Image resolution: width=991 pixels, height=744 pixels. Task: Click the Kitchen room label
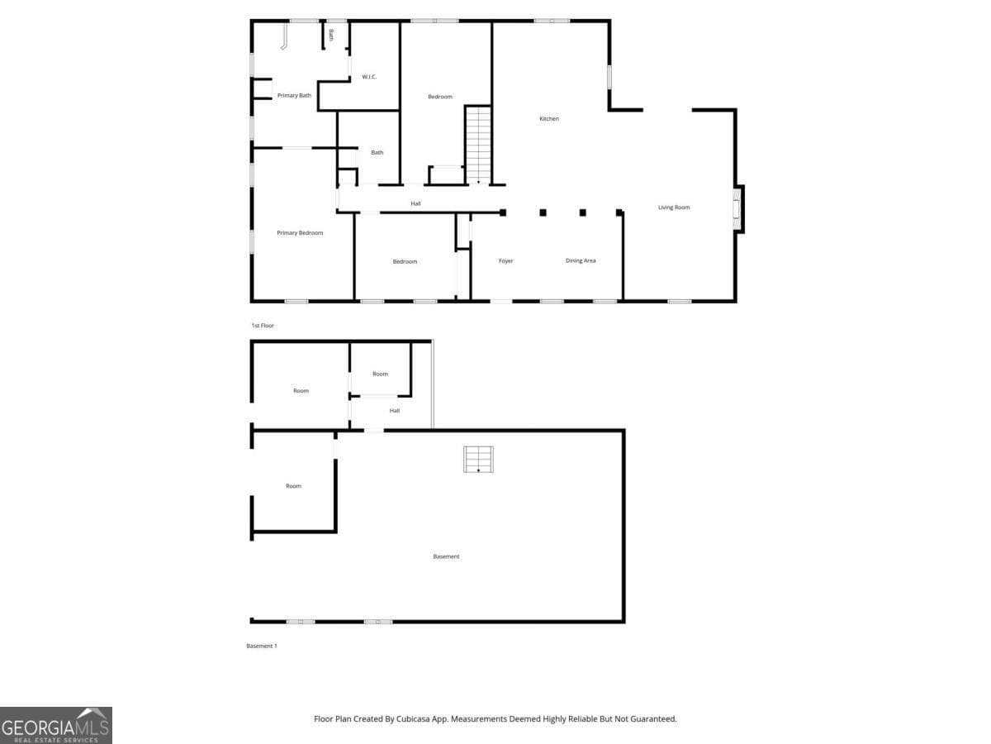(x=549, y=119)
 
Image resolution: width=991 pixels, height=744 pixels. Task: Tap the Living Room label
(x=674, y=207)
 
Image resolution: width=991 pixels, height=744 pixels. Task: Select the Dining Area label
(x=581, y=260)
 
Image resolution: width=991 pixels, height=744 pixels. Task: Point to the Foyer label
(x=505, y=261)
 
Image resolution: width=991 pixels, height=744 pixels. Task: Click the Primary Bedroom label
(x=300, y=233)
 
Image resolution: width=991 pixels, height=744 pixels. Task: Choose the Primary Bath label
(x=294, y=95)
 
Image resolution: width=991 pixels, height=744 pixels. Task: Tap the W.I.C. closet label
(x=369, y=77)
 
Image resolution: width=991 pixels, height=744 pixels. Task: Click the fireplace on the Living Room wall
(x=737, y=208)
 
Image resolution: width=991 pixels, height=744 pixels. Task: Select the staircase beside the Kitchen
(x=478, y=145)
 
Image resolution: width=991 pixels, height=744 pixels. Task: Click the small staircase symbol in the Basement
(x=478, y=460)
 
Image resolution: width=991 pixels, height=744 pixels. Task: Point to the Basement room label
(x=446, y=556)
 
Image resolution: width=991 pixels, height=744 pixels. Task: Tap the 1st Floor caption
(x=263, y=326)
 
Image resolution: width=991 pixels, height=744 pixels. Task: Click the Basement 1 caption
(x=262, y=646)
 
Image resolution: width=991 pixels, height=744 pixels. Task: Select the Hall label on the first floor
(x=416, y=203)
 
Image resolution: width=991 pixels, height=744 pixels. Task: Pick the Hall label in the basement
(x=395, y=411)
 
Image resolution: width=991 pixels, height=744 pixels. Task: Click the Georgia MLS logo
(x=56, y=726)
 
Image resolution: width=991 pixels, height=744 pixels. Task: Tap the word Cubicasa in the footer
(x=413, y=718)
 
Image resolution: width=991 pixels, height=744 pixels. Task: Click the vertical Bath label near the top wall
(x=331, y=36)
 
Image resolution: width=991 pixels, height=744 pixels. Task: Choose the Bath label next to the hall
(x=377, y=153)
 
